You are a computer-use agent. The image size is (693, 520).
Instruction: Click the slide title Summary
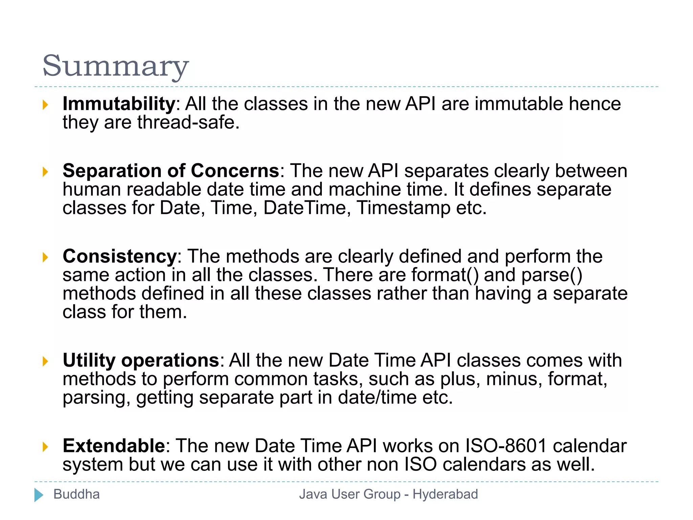(x=115, y=66)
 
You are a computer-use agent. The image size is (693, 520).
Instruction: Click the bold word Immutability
(x=118, y=104)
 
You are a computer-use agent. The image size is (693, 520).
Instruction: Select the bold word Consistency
(x=119, y=256)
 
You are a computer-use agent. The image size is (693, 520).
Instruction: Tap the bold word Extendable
(x=114, y=446)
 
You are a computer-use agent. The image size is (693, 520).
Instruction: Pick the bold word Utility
(x=89, y=360)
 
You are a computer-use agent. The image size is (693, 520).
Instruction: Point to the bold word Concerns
(x=234, y=171)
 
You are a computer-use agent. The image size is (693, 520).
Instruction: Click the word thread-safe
(x=188, y=122)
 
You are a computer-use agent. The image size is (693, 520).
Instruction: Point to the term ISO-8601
(x=506, y=446)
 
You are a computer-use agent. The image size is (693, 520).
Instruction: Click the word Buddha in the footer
(x=76, y=494)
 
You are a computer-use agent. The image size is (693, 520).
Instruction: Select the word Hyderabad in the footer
(x=445, y=494)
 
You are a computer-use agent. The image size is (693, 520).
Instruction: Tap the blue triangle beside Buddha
(x=39, y=495)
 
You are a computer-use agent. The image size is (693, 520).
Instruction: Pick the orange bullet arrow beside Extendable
(x=45, y=447)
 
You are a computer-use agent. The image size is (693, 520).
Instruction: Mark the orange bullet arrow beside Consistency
(x=45, y=257)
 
